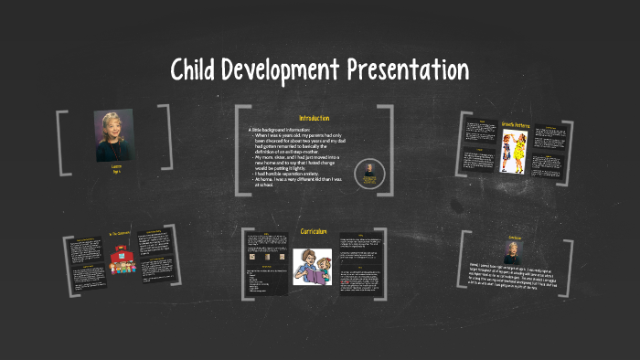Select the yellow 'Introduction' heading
pos(314,119)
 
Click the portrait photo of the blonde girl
pos(114,135)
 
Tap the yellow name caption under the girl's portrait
pos(115,169)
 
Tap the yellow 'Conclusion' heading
pos(514,238)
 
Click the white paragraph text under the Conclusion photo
pos(512,278)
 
